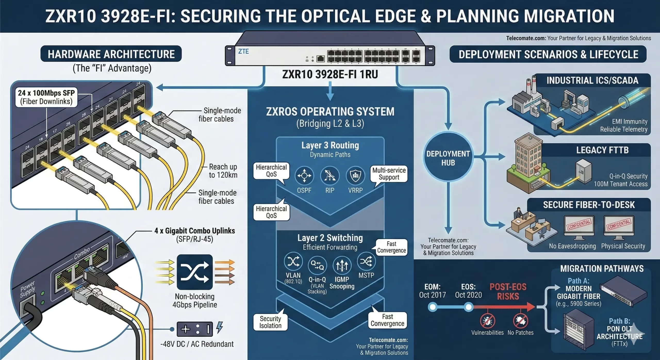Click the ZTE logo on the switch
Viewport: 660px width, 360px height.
coord(243,52)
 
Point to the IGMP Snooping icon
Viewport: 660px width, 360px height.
coord(342,265)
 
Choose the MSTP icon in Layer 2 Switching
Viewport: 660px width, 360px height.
coord(366,261)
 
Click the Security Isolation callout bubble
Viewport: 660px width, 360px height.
coord(270,322)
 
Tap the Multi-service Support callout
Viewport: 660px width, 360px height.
coord(389,174)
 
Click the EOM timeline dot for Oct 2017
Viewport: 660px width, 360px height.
coord(433,307)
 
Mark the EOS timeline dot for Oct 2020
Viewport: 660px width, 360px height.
coord(468,307)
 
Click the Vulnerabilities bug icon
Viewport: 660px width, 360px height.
coord(487,321)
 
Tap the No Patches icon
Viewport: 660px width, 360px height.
coord(520,321)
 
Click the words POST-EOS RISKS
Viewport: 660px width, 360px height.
coord(508,291)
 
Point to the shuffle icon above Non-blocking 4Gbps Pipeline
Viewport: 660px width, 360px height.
coord(195,272)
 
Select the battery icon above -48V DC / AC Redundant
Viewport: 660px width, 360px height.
coord(195,329)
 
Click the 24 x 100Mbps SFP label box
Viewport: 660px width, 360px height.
coord(46,97)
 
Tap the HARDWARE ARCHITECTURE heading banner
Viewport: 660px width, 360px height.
coord(111,54)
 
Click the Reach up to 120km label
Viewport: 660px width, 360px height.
coord(223,171)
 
